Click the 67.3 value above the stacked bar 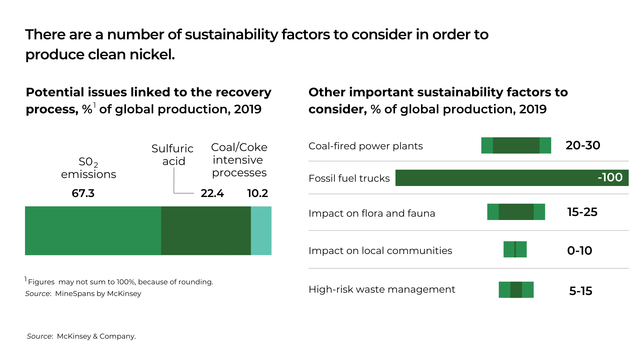coord(83,193)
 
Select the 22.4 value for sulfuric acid coord(212,193)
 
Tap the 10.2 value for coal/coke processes coord(257,193)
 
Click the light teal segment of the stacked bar coord(261,231)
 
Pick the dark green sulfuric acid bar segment coord(206,231)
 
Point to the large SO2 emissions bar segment coord(93,231)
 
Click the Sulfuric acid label coord(172,155)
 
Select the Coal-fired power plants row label coord(366,146)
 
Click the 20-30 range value coord(583,145)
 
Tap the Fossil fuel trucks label coord(349,178)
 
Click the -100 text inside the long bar coord(610,177)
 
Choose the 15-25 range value coord(582,212)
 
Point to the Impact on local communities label coord(380,251)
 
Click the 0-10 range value coord(580,251)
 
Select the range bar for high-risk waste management coord(516,290)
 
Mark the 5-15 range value coord(581,291)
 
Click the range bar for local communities coord(515,249)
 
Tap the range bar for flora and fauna coord(516,212)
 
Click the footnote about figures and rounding coord(120,282)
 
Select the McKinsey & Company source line coord(81,336)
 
